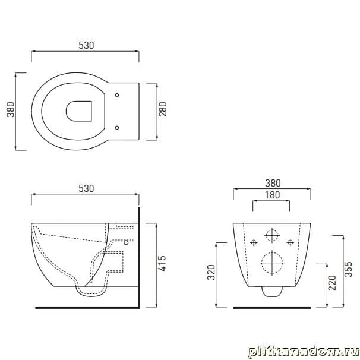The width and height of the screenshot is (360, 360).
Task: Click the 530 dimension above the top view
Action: pyautogui.click(x=86, y=45)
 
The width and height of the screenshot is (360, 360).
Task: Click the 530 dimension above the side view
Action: pyautogui.click(x=86, y=188)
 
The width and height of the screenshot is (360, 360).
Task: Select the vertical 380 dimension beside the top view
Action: pyautogui.click(x=11, y=109)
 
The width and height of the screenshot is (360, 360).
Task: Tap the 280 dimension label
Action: pyautogui.click(x=163, y=109)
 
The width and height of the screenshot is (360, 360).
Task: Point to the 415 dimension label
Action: pyautogui.click(x=162, y=264)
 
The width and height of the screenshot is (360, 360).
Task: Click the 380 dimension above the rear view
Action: pyautogui.click(x=273, y=183)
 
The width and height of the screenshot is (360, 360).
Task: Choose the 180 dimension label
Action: pyautogui.click(x=273, y=195)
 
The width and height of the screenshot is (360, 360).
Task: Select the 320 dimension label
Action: pyautogui.click(x=211, y=272)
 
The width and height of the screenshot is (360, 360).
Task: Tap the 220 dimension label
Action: pyautogui.click(x=332, y=283)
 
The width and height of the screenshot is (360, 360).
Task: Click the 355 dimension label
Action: pyautogui.click(x=348, y=269)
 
